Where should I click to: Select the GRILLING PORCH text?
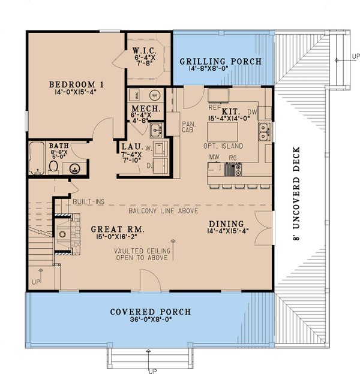221,61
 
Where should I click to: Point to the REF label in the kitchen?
215,108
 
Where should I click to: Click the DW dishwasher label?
252,112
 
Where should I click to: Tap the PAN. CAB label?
187,126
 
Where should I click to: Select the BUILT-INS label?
89,202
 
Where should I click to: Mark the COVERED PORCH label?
151,312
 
